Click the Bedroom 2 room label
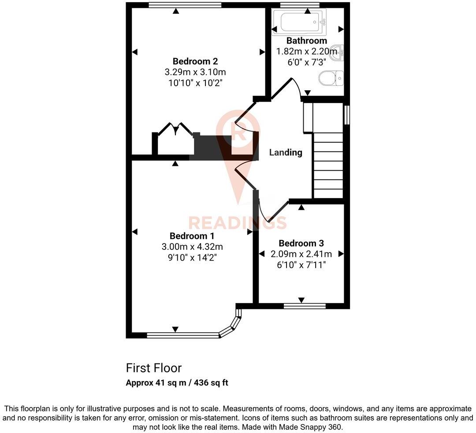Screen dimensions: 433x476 (195, 61)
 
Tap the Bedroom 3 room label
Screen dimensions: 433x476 (301, 243)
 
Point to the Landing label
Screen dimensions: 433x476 (286, 152)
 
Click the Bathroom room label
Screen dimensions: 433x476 (307, 41)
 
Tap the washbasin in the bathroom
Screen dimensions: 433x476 (338, 51)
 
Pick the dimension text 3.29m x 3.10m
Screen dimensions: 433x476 (195, 72)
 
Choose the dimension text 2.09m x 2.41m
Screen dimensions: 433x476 (301, 254)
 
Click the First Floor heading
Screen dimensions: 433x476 (153, 368)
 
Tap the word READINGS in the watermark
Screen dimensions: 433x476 (238, 223)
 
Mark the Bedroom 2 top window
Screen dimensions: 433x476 (185, 5)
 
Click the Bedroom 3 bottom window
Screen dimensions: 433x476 (305, 306)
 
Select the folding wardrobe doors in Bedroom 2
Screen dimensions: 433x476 (175, 129)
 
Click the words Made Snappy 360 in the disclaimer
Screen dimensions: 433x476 (317, 427)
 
